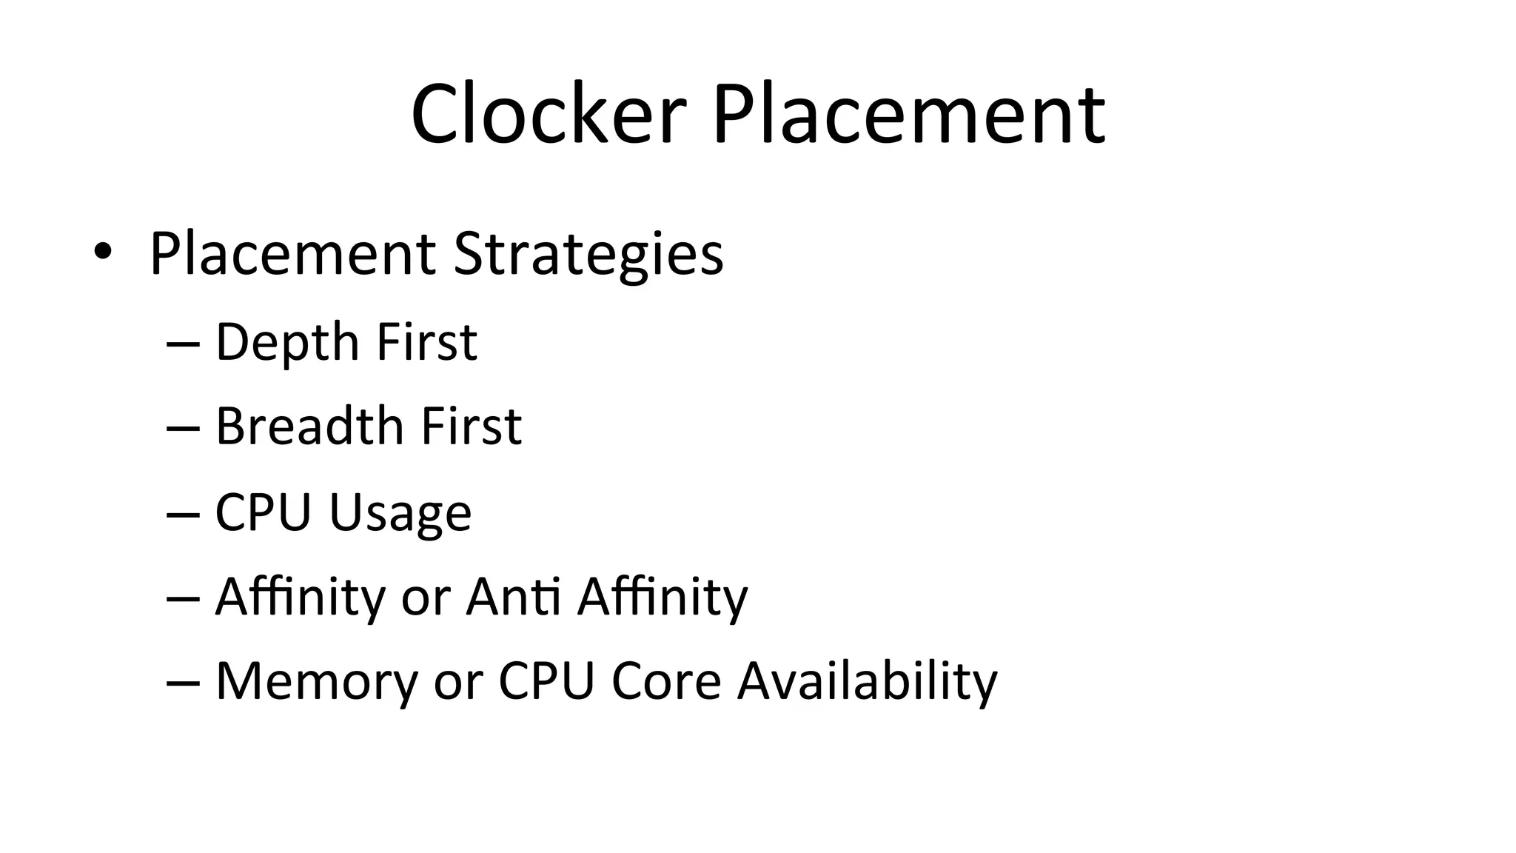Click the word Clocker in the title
(549, 115)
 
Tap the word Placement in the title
(909, 115)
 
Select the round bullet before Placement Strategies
(102, 252)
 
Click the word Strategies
(588, 255)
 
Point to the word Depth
(287, 342)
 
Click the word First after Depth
(426, 342)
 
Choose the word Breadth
(309, 426)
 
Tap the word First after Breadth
(472, 426)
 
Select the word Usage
(400, 512)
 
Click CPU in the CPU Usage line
(263, 512)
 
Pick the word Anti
(512, 596)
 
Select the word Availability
(867, 681)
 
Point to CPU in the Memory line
(546, 680)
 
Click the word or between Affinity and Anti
(426, 598)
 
